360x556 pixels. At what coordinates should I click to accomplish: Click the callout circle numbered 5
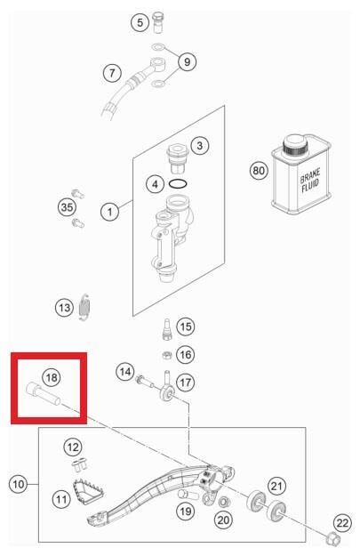pyautogui.click(x=140, y=22)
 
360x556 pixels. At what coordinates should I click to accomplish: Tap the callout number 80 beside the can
pyautogui.click(x=259, y=171)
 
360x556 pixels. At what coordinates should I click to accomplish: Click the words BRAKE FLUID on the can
pyautogui.click(x=309, y=181)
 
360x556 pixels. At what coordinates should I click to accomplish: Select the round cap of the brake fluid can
pyautogui.click(x=294, y=144)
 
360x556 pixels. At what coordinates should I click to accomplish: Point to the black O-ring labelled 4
pyautogui.click(x=179, y=184)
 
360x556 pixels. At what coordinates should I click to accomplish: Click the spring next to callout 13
pyautogui.click(x=84, y=307)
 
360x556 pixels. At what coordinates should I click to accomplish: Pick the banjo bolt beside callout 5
pyautogui.click(x=157, y=22)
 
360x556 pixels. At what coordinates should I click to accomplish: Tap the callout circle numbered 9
pyautogui.click(x=187, y=61)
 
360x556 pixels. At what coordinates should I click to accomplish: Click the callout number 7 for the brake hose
pyautogui.click(x=112, y=73)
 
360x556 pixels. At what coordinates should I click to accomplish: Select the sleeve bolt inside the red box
pyautogui.click(x=44, y=393)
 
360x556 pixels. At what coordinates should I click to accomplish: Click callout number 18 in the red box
pyautogui.click(x=52, y=377)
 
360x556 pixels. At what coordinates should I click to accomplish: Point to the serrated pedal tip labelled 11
pyautogui.click(x=88, y=489)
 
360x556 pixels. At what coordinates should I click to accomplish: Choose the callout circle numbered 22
pyautogui.click(x=342, y=523)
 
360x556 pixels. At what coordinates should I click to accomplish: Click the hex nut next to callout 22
pyautogui.click(x=332, y=539)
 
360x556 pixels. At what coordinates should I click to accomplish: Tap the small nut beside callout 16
pyautogui.click(x=166, y=355)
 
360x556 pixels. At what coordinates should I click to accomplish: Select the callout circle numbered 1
pyautogui.click(x=109, y=212)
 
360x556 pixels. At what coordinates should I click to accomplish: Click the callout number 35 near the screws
pyautogui.click(x=67, y=206)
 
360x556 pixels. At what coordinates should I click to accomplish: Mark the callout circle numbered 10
pyautogui.click(x=18, y=484)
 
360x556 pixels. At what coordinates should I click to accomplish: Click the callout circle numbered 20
pyautogui.click(x=223, y=520)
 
